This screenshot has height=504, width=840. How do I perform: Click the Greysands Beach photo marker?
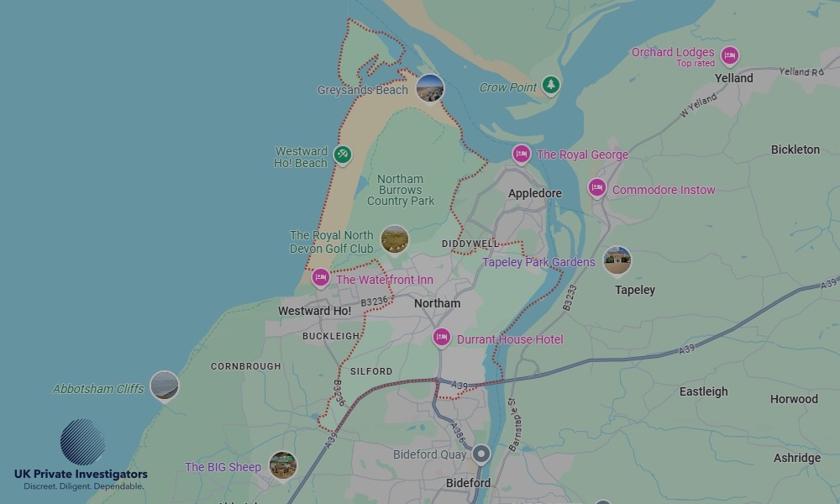pyautogui.click(x=430, y=87)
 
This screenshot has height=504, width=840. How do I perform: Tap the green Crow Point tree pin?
pyautogui.click(x=550, y=84)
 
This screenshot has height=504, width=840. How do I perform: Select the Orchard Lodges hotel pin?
pyautogui.click(x=730, y=56)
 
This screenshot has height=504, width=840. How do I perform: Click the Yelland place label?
pyautogui.click(x=733, y=78)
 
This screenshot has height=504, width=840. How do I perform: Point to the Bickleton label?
pyautogui.click(x=795, y=150)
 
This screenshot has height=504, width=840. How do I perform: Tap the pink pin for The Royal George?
pyautogui.click(x=522, y=154)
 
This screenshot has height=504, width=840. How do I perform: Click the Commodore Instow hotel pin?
pyautogui.click(x=597, y=188)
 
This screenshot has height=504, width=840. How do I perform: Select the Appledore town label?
pyautogui.click(x=534, y=193)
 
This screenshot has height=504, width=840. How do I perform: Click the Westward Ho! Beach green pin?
pyautogui.click(x=342, y=155)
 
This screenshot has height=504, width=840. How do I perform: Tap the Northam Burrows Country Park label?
pyautogui.click(x=401, y=190)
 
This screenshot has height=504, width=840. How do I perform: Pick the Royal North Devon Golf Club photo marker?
pyautogui.click(x=395, y=239)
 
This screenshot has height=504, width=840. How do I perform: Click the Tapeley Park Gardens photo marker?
pyautogui.click(x=617, y=260)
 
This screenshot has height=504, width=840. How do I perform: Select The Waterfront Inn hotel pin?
pyautogui.click(x=321, y=278)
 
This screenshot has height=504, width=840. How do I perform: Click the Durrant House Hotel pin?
pyautogui.click(x=442, y=338)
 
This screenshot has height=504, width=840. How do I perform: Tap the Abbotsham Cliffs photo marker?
pyautogui.click(x=164, y=386)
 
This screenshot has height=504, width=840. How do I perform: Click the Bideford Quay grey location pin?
pyautogui.click(x=481, y=454)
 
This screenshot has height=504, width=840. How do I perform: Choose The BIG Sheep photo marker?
pyautogui.click(x=283, y=465)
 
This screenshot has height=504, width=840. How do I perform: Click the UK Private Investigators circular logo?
pyautogui.click(x=82, y=442)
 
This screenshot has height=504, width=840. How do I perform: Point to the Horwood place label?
pyautogui.click(x=794, y=399)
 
